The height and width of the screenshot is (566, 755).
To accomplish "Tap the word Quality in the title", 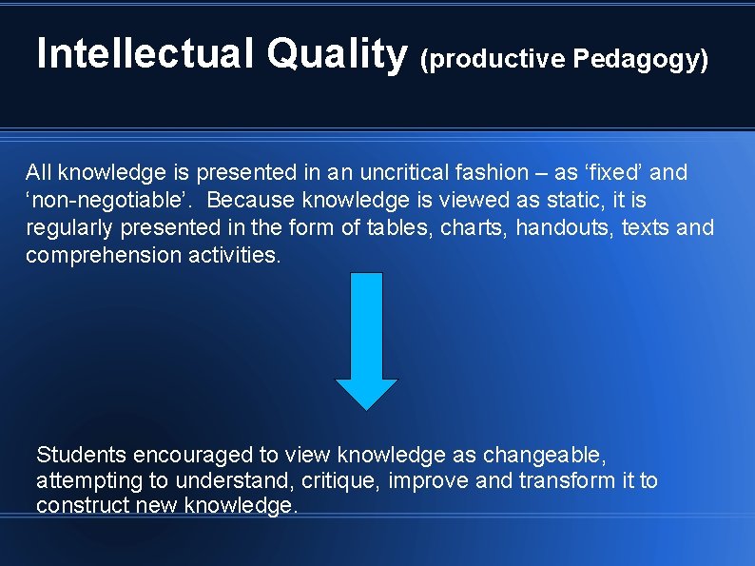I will pos(337,54).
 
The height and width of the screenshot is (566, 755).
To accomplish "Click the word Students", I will pos(82,455).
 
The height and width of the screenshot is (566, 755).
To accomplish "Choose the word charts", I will pos(472,228).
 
